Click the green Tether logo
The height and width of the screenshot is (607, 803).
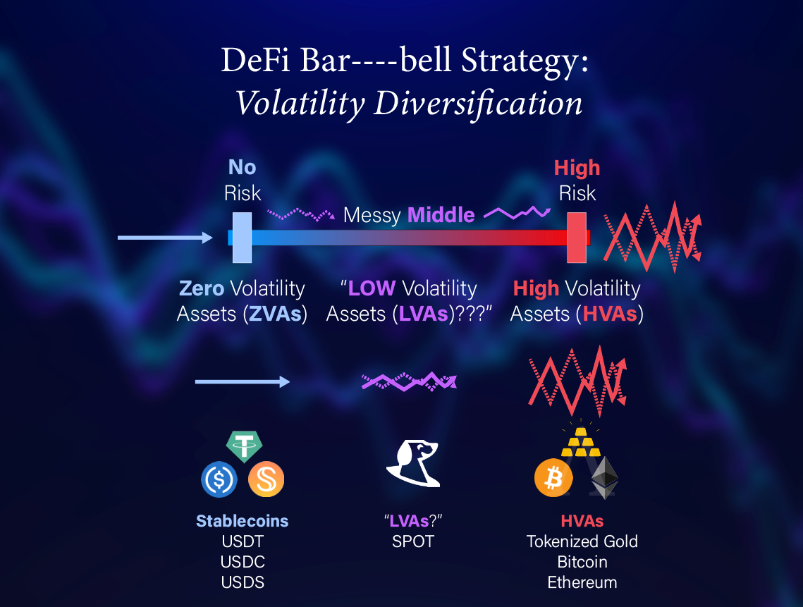click(244, 446)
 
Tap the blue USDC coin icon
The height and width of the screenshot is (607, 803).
click(219, 479)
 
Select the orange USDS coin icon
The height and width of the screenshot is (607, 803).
click(266, 479)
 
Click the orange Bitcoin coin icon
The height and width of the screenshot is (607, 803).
click(553, 478)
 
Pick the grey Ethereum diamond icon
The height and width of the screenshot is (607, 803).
click(605, 477)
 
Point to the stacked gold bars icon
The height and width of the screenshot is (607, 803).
click(581, 442)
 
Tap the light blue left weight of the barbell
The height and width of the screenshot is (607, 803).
click(243, 238)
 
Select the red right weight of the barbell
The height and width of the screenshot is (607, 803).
click(577, 238)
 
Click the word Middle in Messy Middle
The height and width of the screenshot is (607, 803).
click(441, 215)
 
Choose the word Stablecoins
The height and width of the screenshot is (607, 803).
click(243, 521)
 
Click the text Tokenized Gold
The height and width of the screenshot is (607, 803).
click(582, 541)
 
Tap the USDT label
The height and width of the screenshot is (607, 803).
click(243, 541)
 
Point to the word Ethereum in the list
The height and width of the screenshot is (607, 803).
click(582, 582)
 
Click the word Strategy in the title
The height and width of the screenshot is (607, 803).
click(525, 61)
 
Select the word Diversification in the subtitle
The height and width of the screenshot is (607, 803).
click(478, 104)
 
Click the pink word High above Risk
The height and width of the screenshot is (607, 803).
click(577, 168)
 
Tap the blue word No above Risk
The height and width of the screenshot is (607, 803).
click(243, 168)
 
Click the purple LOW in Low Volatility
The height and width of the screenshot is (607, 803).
click(372, 288)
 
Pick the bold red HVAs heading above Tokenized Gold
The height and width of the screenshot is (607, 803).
click(582, 521)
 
